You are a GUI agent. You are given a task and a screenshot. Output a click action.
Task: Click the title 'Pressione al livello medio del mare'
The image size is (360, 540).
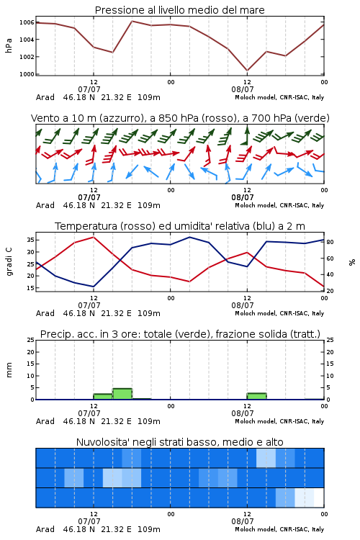click(179, 10)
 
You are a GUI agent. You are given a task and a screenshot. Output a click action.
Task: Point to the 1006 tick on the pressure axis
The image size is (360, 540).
click(27, 22)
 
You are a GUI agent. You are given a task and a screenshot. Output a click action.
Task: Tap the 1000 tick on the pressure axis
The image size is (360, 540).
click(27, 74)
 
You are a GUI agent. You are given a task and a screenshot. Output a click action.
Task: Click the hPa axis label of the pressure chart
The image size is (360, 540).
click(9, 45)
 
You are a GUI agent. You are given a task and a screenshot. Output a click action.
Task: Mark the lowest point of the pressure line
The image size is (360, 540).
click(247, 71)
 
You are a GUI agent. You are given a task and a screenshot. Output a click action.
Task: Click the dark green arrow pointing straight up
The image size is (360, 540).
click(247, 135)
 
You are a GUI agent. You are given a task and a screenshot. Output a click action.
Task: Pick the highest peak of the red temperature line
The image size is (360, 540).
click(94, 237)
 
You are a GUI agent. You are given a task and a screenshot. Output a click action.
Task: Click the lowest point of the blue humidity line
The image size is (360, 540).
click(94, 287)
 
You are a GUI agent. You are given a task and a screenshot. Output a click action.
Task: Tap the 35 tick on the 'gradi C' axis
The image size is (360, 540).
click(30, 240)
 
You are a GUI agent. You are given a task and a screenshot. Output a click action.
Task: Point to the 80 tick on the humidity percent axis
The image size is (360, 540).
click(330, 242)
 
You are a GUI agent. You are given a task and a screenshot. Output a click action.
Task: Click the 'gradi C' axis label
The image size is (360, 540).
click(9, 262)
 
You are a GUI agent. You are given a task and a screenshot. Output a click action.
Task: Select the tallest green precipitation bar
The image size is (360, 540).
click(122, 394)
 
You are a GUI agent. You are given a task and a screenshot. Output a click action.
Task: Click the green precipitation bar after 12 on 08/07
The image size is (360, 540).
click(256, 396)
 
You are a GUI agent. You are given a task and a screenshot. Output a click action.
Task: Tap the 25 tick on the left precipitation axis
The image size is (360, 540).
click(30, 340)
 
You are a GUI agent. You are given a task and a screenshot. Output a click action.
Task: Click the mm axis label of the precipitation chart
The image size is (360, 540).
click(9, 370)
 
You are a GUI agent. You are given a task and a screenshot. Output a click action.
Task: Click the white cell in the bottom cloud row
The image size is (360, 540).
click(319, 498)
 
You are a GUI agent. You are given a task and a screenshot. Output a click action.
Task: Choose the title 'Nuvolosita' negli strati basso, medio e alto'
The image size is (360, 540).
click(179, 442)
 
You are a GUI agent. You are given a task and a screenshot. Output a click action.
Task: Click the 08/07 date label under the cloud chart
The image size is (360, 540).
click(243, 521)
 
